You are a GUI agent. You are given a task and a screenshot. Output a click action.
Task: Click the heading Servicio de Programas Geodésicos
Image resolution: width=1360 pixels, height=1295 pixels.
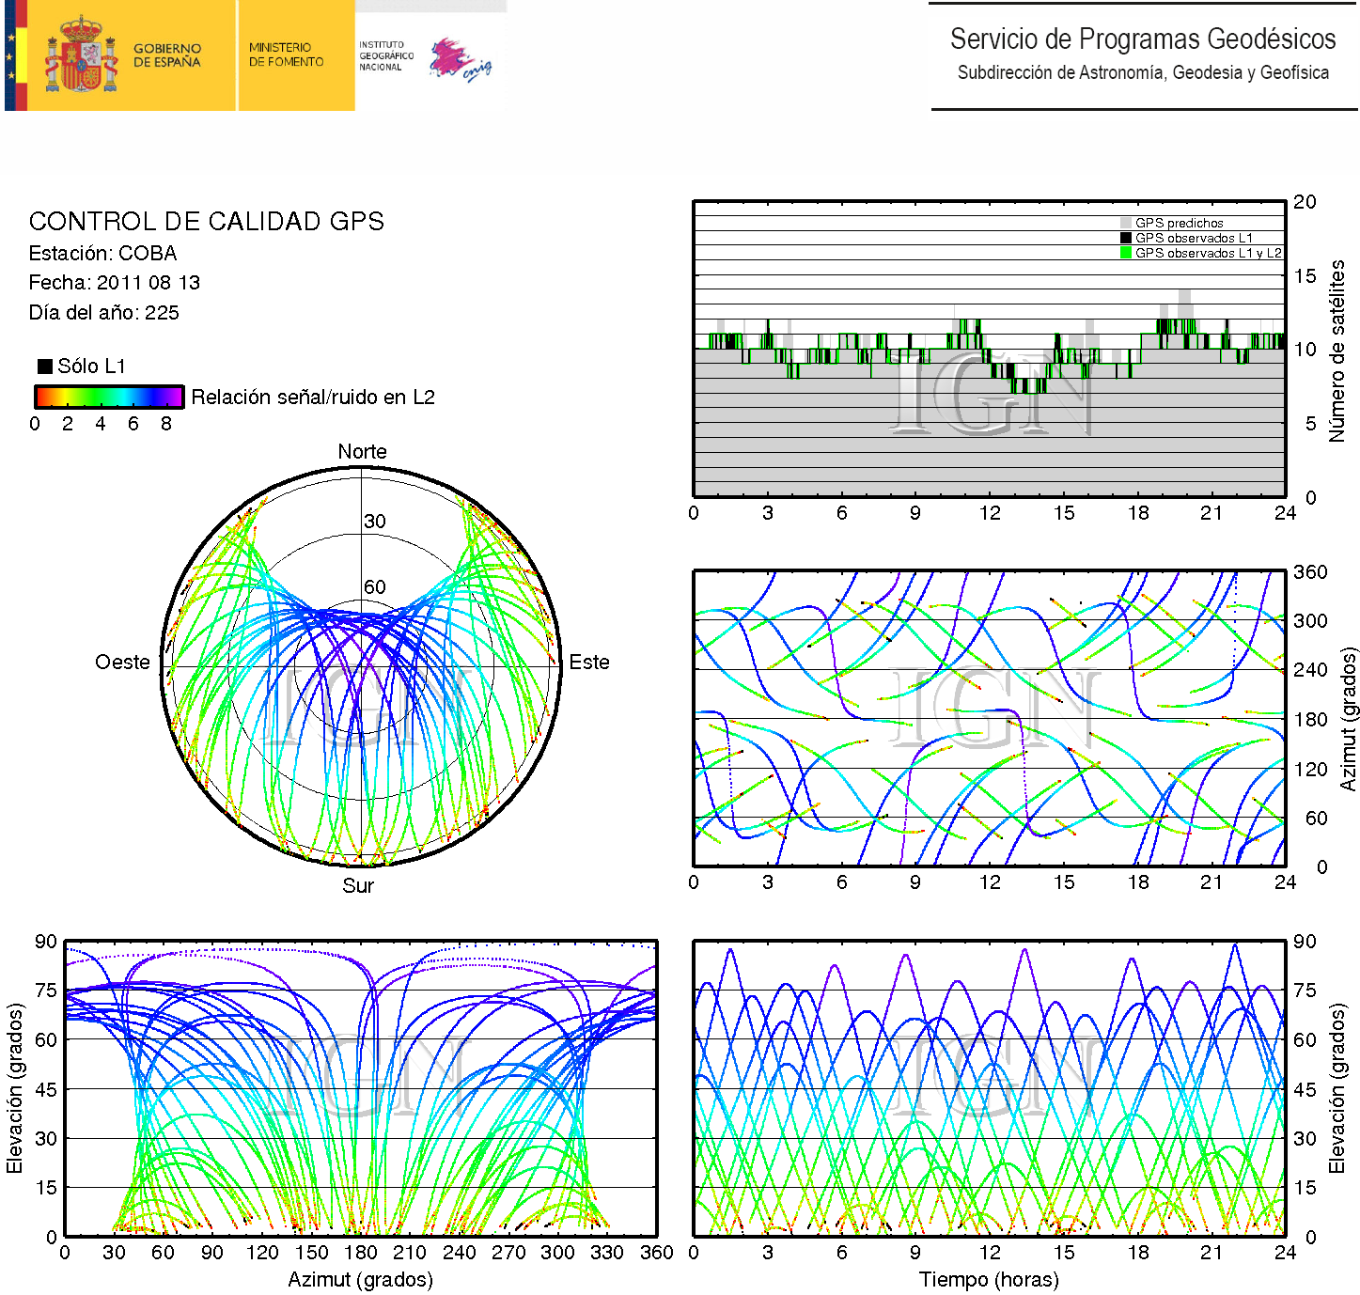(1142, 39)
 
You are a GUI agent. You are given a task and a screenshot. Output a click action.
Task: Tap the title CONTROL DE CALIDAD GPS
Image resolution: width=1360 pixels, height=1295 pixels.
(206, 222)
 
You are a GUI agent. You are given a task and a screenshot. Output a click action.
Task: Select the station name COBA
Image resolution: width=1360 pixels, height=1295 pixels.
(148, 254)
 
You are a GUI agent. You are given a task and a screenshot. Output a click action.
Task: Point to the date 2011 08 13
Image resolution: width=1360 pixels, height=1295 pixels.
(149, 283)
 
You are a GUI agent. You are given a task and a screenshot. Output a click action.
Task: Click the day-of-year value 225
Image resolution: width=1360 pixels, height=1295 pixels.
(162, 313)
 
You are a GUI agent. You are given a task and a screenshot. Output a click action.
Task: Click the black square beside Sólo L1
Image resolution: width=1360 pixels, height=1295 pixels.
(45, 367)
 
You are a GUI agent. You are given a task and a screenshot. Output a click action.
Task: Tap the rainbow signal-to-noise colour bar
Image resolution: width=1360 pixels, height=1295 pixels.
(108, 397)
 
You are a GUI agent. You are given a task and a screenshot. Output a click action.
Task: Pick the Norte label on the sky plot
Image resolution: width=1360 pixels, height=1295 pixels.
(362, 452)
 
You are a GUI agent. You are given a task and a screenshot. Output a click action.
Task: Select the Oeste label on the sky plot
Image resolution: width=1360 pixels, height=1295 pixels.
(122, 663)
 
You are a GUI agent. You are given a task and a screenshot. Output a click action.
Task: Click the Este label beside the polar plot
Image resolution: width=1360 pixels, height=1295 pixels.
(589, 663)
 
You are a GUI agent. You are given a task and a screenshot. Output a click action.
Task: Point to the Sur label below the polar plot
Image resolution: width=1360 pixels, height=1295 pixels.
(358, 886)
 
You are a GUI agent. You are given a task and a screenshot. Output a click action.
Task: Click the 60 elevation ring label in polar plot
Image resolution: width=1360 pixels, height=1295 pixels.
(375, 587)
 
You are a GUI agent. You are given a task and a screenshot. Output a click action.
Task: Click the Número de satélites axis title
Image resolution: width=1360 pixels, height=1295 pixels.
(1337, 351)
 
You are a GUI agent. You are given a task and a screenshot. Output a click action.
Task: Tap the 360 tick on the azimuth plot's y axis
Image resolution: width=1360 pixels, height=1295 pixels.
(1310, 572)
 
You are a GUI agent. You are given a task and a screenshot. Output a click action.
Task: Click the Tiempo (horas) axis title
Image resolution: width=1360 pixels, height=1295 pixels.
(989, 1280)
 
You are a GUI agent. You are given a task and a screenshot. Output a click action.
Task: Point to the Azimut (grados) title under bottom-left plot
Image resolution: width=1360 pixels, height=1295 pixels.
(360, 1280)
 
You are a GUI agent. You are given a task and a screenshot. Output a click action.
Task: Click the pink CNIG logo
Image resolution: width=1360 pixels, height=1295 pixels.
(460, 60)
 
